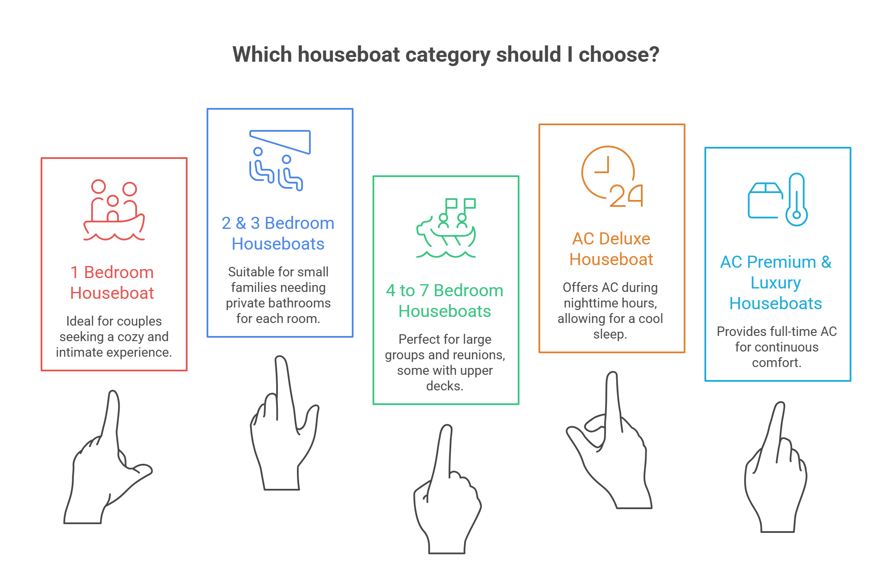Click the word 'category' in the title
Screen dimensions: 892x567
tap(446, 55)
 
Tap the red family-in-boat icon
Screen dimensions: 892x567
tap(114, 210)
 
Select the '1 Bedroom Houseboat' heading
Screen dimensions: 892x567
tap(112, 282)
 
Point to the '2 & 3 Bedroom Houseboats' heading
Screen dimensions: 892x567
tap(278, 233)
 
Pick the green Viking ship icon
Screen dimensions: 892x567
tap(446, 228)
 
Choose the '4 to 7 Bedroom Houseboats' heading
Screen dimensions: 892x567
tap(445, 301)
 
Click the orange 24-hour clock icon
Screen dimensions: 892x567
tap(612, 177)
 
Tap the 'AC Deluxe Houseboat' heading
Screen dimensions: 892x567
tap(611, 249)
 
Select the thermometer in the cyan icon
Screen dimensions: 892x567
tap(796, 200)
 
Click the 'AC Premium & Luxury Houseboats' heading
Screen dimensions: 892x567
tap(776, 282)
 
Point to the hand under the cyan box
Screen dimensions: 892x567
tap(775, 467)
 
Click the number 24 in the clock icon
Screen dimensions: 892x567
tap(626, 196)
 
